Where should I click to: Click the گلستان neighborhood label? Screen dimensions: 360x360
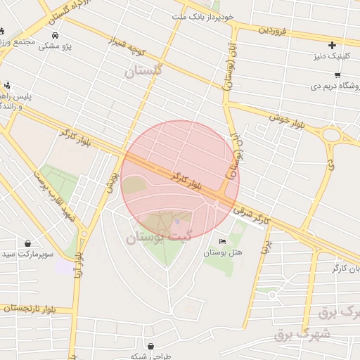(143, 70)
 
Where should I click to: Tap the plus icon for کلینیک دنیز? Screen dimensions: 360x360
(333, 46)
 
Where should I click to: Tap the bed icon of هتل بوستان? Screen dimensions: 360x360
(223, 242)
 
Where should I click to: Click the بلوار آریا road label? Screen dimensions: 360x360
(79, 265)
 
